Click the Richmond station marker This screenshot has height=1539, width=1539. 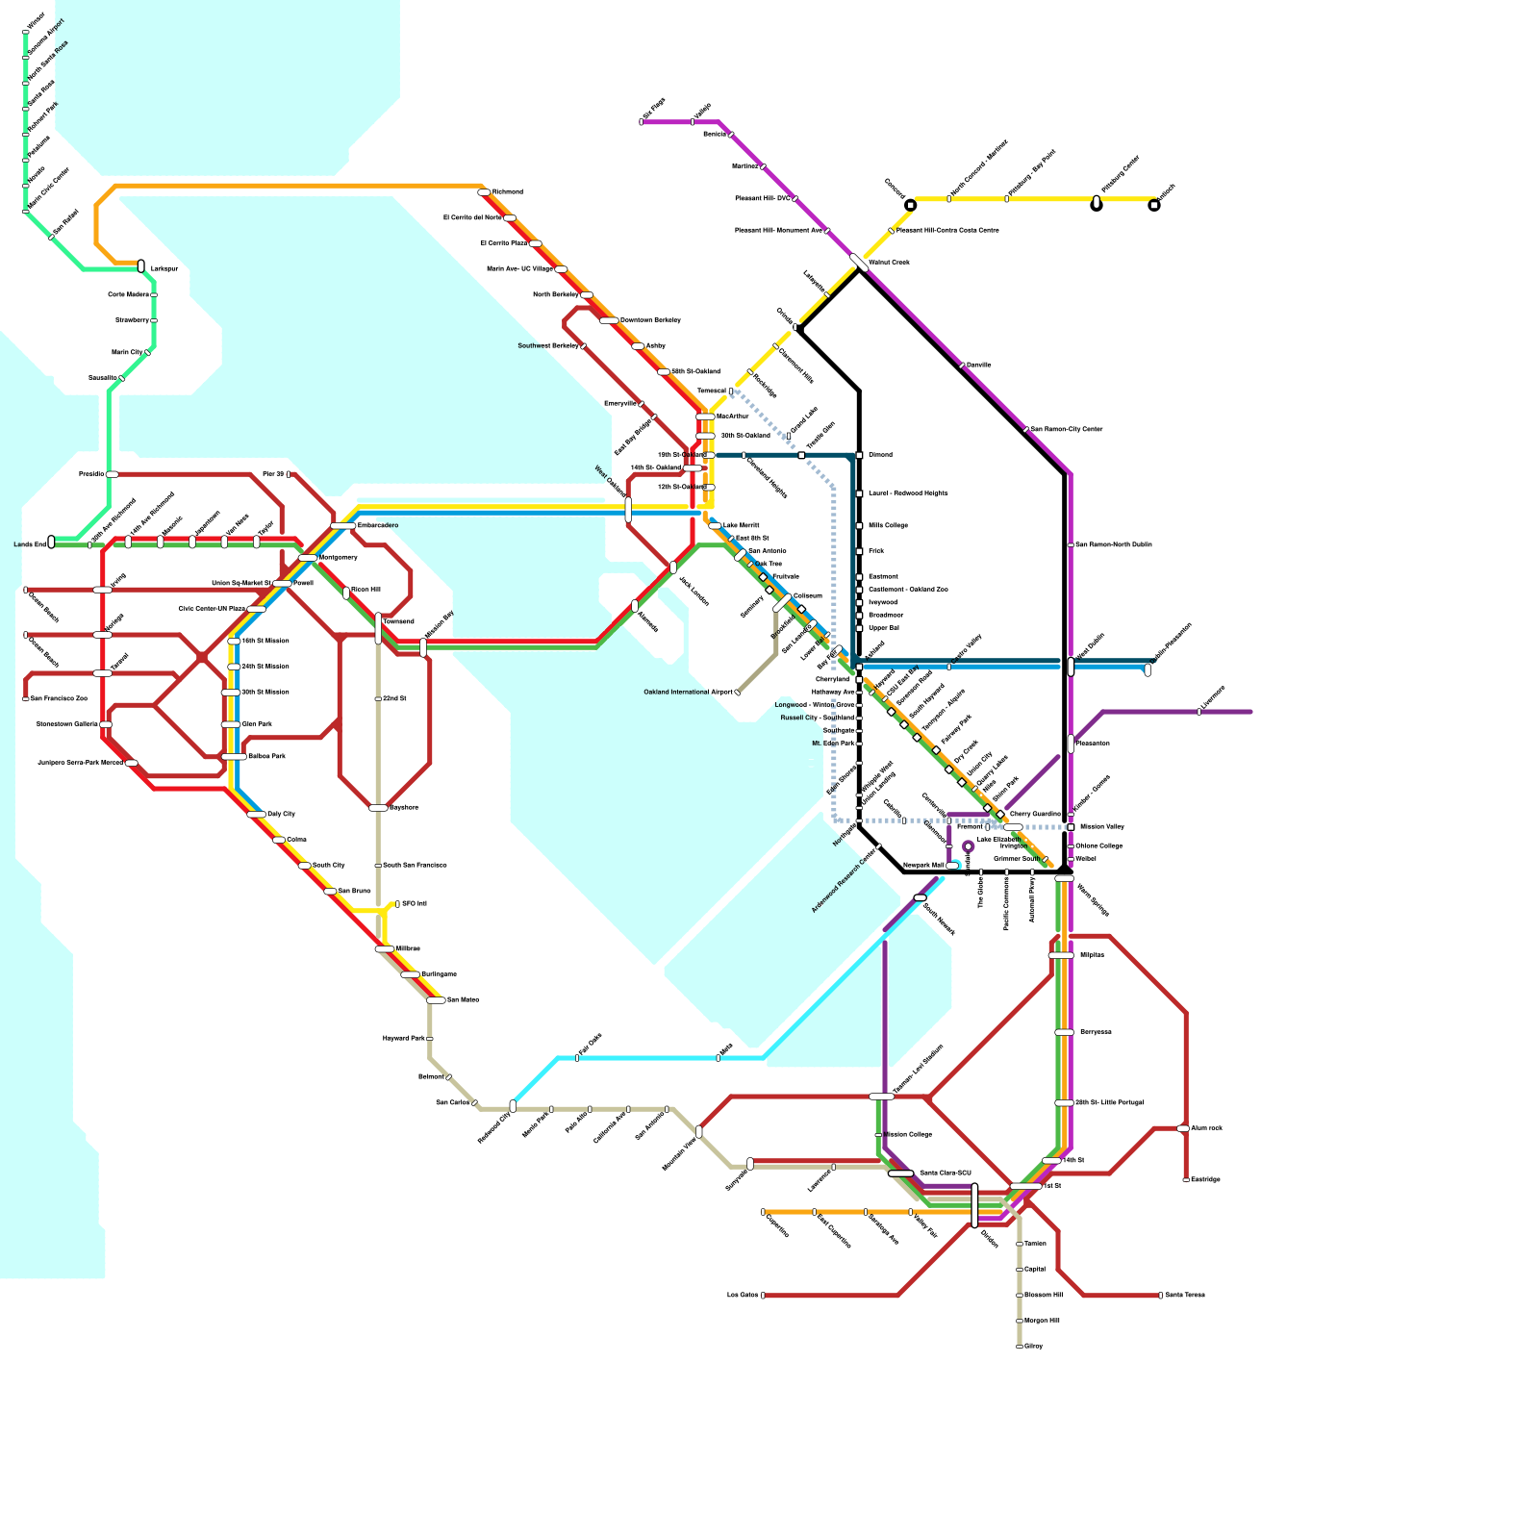pos(484,192)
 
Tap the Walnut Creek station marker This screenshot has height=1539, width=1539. pos(859,262)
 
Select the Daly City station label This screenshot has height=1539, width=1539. pos(282,815)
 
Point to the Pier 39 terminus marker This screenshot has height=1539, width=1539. pos(289,474)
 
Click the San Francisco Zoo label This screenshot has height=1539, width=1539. pos(59,699)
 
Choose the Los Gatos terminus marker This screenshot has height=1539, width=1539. pos(763,1296)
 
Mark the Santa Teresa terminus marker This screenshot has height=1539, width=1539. pos(1160,1296)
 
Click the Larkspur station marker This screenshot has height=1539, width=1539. pos(141,266)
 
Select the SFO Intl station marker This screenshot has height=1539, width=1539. pos(397,904)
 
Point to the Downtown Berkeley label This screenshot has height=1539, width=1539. pos(650,320)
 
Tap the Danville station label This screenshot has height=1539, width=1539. pos(979,366)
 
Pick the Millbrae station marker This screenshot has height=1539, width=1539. pos(385,949)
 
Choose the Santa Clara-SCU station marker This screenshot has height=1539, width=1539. pos(900,1173)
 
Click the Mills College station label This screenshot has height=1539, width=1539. pos(888,526)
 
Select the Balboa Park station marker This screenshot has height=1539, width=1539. pos(234,757)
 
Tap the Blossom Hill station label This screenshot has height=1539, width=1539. pos(1043,1296)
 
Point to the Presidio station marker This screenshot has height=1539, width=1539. pos(113,474)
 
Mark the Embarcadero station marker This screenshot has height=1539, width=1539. pos(343,526)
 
